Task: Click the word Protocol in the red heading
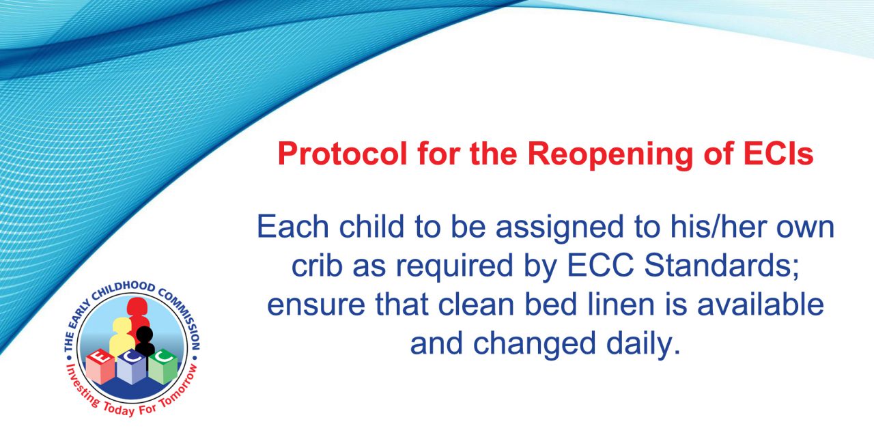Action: [x=343, y=154]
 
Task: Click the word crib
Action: [x=317, y=266]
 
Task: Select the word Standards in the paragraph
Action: [x=721, y=266]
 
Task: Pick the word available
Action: [x=761, y=305]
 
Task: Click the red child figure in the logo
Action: [x=137, y=316]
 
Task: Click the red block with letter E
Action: [x=100, y=366]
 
